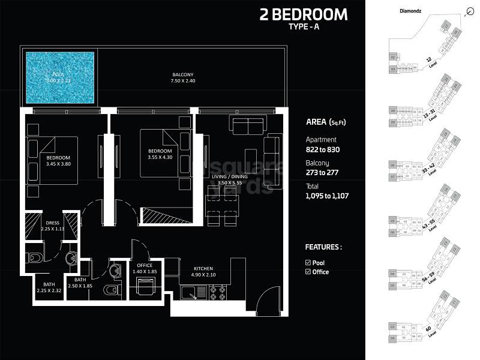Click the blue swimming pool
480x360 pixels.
(x=60, y=76)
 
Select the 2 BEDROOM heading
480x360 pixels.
(x=303, y=14)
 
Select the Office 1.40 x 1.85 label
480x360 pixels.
(x=145, y=269)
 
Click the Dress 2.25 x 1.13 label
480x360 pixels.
(x=52, y=224)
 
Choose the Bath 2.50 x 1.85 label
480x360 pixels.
(x=80, y=283)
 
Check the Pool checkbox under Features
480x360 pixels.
(x=308, y=262)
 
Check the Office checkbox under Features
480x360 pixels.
(x=308, y=272)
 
